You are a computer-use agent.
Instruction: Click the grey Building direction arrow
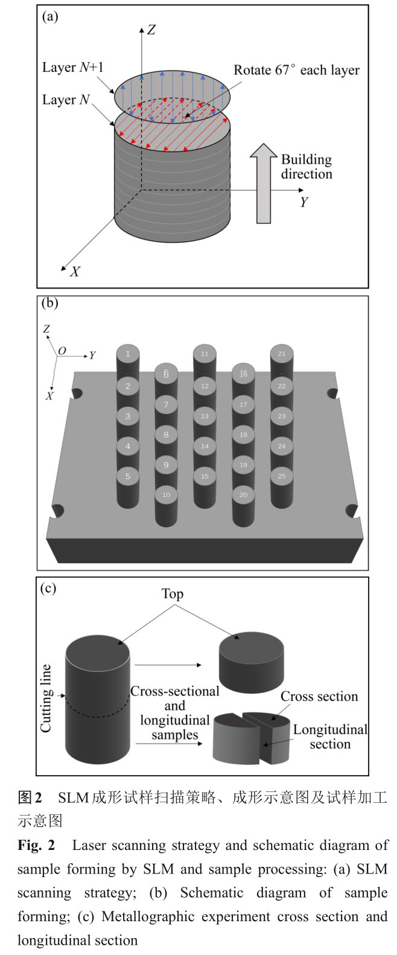pos(263,187)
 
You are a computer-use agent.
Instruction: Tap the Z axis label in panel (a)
pos(151,30)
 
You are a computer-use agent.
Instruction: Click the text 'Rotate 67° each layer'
pos(296,70)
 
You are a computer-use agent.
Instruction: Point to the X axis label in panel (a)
pos(75,272)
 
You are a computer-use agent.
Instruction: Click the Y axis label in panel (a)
pos(304,203)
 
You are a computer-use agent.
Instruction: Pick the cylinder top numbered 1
pos(128,354)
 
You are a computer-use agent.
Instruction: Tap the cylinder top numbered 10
pos(167,495)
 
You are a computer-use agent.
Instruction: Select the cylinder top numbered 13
pos(205,417)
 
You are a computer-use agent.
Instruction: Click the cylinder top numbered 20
pos(244,495)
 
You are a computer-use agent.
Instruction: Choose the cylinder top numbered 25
pos(282,476)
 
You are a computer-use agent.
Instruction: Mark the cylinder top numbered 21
pos(282,354)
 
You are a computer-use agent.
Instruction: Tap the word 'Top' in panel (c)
pos(172,594)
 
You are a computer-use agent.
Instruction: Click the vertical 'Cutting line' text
pos(46,698)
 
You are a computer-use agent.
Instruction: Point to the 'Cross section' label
pos(319,697)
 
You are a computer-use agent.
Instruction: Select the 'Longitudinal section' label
pos(330,736)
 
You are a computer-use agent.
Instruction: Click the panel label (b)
pos(50,302)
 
